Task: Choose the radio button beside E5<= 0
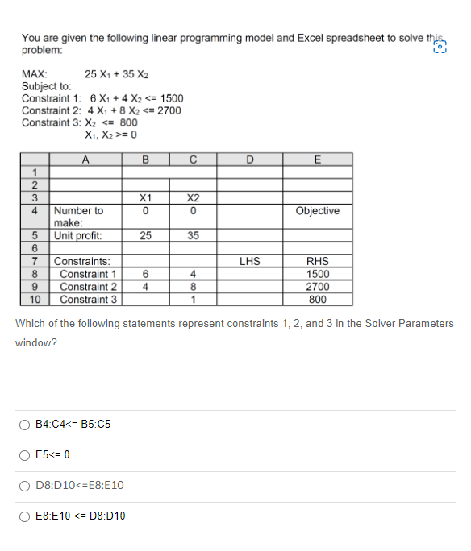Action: (x=25, y=455)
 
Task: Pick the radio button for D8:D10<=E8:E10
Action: (x=25, y=486)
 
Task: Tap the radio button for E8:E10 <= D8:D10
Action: (x=25, y=516)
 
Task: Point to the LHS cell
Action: (x=248, y=261)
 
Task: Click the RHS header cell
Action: (x=317, y=261)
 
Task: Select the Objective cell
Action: (x=317, y=211)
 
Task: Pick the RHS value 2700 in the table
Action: (x=317, y=287)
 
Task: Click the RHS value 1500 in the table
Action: (x=317, y=274)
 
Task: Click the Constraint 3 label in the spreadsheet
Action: (x=89, y=300)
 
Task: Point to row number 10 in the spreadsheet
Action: (x=35, y=300)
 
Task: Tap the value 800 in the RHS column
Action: (x=317, y=300)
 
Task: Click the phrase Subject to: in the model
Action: (x=46, y=85)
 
